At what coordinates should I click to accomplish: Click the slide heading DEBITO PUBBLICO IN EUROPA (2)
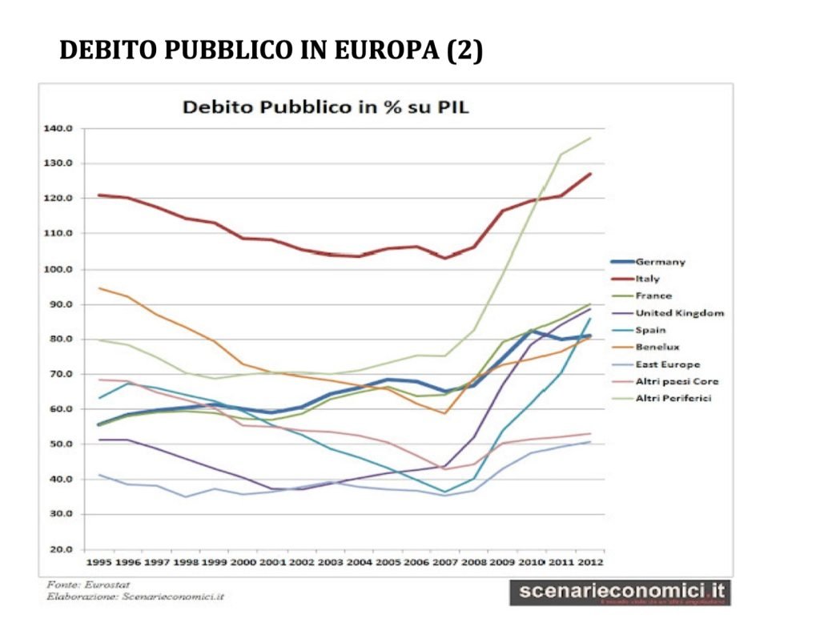point(271,50)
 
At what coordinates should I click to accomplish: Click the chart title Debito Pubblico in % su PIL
point(325,106)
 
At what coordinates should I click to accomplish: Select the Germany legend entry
point(660,261)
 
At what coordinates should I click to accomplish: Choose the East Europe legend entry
point(667,364)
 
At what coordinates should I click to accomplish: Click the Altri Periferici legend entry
point(674,398)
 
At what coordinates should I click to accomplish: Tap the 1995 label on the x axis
point(99,562)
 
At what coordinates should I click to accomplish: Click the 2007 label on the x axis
point(446,562)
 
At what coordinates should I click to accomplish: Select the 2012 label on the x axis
point(590,562)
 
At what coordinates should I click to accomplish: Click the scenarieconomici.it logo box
point(621,592)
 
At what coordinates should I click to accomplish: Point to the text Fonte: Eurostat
point(78,585)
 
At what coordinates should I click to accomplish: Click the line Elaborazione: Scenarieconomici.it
point(124,597)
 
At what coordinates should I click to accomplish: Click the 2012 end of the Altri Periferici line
point(590,139)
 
